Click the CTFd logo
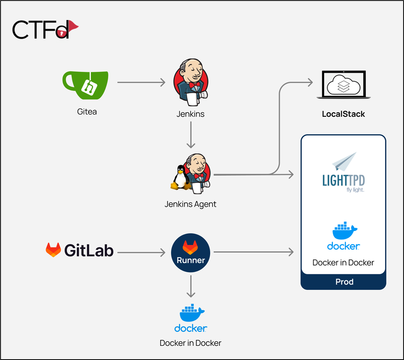[x=45, y=29]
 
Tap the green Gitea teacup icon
[x=85, y=85]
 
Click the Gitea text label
[x=87, y=112]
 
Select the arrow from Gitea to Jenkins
[x=141, y=82]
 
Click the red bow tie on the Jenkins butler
[x=194, y=85]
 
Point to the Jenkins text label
[x=190, y=114]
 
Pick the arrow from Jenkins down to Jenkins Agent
[x=190, y=135]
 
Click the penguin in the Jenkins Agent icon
[x=180, y=177]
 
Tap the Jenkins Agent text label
[x=190, y=204]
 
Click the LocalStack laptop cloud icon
[x=343, y=85]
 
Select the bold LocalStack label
[x=343, y=114]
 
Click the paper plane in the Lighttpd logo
[x=344, y=162]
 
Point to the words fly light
[x=355, y=190]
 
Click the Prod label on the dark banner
[x=344, y=282]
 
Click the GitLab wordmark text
[x=89, y=250]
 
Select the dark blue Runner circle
[x=190, y=253]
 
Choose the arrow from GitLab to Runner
[x=141, y=252]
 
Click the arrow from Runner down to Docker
[x=190, y=286]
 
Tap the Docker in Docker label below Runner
[x=190, y=343]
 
